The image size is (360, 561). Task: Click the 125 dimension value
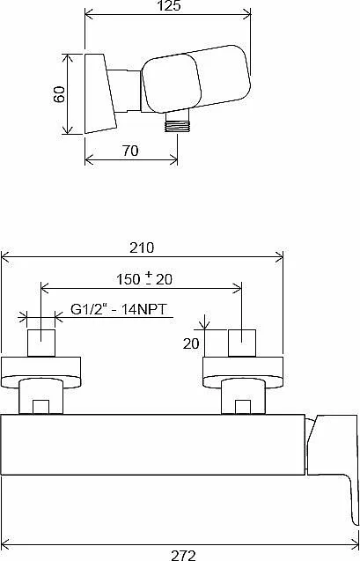[168, 5]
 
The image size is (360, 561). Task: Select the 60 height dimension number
[60, 94]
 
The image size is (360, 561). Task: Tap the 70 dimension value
[130, 151]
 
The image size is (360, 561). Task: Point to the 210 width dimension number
[142, 247]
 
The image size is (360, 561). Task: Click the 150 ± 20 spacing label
[144, 279]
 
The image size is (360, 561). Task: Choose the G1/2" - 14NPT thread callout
[119, 309]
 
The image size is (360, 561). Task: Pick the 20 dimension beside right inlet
[191, 343]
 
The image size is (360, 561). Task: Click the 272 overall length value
[183, 555]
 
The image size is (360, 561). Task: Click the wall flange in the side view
[100, 93]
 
